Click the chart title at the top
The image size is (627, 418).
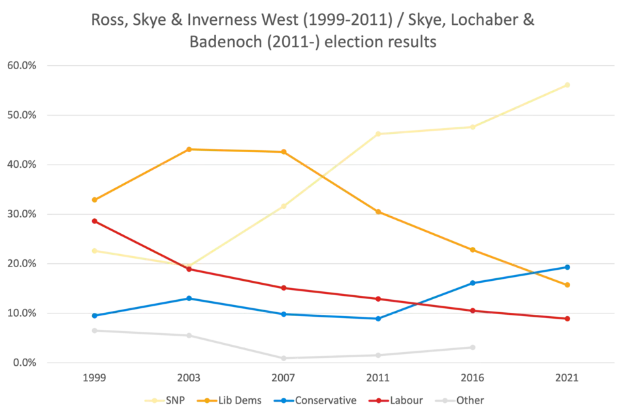pos(313,30)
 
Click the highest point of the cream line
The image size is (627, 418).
pos(570,83)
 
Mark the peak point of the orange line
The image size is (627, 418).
pos(189,149)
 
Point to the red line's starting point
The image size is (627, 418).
pos(94,221)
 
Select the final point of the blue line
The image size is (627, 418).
pos(568,267)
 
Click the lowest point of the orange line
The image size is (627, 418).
pos(568,285)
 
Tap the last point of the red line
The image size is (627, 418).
pos(568,319)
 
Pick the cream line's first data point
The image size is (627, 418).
pos(94,250)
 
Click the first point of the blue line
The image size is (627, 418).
pos(94,316)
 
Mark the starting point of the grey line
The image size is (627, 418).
pos(94,329)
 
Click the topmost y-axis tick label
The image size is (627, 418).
pos(22,65)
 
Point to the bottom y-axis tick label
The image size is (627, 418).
pos(22,362)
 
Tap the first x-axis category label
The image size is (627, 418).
pos(94,379)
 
